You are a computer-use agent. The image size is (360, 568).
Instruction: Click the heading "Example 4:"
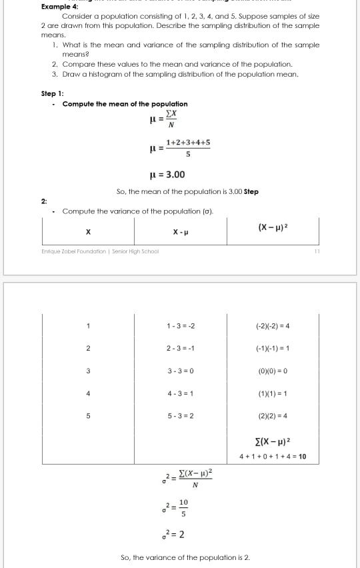(59, 6)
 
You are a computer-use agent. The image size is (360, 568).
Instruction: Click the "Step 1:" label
(53, 93)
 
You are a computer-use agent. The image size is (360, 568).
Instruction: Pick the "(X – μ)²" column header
(273, 229)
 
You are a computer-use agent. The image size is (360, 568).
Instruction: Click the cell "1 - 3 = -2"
(181, 326)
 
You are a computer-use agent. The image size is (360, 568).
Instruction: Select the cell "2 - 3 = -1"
(181, 348)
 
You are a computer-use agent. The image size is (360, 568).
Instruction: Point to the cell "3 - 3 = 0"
(181, 370)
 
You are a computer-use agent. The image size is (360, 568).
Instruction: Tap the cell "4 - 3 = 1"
(181, 393)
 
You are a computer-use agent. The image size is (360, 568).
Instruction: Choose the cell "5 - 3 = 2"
(181, 415)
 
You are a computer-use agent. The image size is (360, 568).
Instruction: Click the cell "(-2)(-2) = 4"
(273, 326)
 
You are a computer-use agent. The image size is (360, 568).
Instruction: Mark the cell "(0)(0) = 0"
(273, 370)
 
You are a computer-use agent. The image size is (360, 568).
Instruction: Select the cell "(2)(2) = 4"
(273, 415)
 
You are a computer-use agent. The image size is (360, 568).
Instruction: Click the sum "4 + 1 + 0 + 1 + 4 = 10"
(273, 457)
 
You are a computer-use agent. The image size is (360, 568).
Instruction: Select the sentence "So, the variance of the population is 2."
(185, 557)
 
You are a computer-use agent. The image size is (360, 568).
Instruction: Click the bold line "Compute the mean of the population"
(125, 104)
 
